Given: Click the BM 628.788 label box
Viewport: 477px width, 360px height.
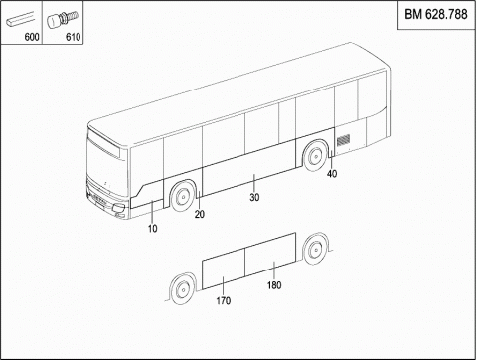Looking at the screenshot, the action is click(436, 15).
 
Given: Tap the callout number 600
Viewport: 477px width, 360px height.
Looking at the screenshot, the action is click(32, 37).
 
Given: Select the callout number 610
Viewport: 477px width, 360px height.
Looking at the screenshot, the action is click(73, 37).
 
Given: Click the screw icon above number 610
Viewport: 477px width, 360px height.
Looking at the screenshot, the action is click(63, 20).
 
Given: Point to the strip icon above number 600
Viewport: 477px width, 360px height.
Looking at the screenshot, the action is click(20, 20).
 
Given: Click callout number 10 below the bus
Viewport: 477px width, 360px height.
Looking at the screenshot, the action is click(153, 229).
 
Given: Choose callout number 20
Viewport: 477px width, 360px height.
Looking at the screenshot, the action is click(200, 215).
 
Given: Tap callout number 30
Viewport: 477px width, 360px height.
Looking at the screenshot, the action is click(254, 198).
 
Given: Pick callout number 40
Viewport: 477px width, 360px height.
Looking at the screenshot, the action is click(332, 174).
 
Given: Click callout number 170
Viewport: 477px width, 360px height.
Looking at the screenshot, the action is click(224, 301).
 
